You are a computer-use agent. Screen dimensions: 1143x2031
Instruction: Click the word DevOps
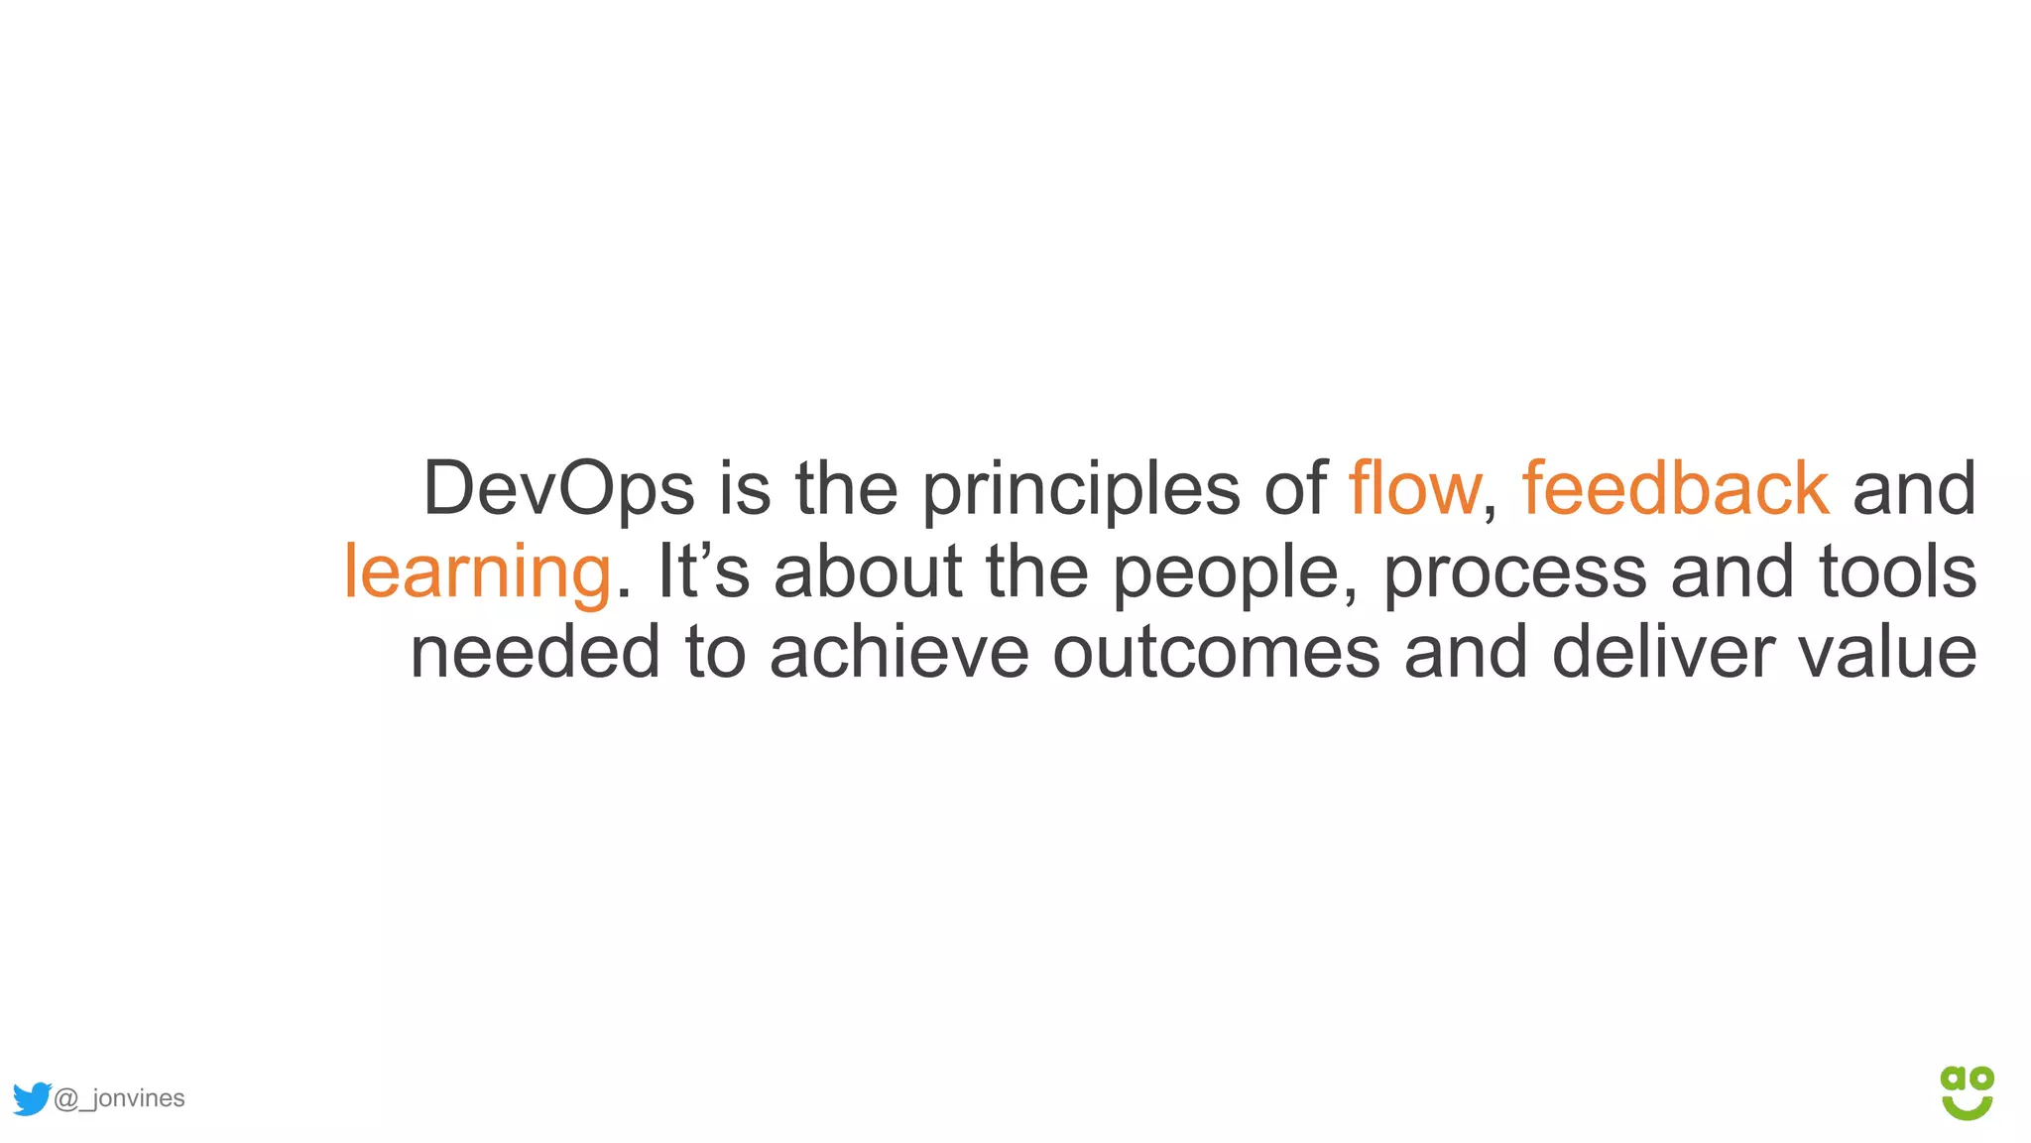point(558,489)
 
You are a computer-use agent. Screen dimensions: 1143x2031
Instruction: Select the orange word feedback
point(1675,489)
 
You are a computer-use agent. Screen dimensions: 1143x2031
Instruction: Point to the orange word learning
point(477,572)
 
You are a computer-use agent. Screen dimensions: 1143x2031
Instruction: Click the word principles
point(1081,489)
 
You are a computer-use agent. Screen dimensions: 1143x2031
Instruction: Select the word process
point(1514,572)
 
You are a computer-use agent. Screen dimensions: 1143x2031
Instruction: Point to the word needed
point(535,653)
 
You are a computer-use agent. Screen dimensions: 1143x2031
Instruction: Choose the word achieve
point(898,653)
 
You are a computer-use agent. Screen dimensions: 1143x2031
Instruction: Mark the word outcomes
point(1216,653)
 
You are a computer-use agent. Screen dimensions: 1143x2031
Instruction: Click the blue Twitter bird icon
point(32,1098)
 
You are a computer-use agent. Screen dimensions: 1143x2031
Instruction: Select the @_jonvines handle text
point(119,1098)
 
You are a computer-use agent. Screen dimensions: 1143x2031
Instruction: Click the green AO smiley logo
point(1967,1092)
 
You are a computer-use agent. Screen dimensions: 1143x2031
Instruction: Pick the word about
point(868,572)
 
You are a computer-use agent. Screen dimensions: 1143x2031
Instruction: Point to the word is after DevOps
point(744,489)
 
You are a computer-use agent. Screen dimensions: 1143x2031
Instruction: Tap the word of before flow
point(1294,489)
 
